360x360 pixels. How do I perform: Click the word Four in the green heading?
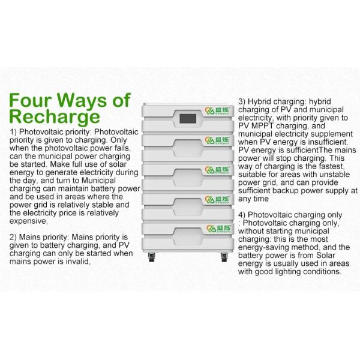pos(31,100)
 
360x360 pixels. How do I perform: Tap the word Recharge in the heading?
pos(55,117)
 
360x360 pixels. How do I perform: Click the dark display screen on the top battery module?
pos(188,119)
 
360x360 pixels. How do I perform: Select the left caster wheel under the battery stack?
pos(152,257)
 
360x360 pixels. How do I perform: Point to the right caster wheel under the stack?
pos(224,257)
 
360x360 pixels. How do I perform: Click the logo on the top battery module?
pos(217,110)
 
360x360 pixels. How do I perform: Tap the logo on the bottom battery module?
pos(218,229)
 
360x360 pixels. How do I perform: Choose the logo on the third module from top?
pos(217,170)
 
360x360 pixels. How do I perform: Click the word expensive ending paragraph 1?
pos(28,221)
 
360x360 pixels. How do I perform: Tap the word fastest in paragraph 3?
pos(332,166)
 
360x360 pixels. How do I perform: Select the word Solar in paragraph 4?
pos(325,256)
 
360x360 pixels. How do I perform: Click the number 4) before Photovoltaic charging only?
pos(242,215)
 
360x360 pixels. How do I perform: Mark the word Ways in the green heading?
pos(82,100)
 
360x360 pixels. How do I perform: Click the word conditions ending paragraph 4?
pos(322,272)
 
